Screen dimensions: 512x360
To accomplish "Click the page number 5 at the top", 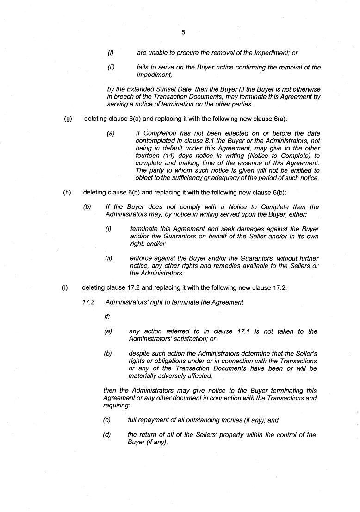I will tap(183, 32).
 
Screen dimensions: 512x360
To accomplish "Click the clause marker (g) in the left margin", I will tap(68, 119).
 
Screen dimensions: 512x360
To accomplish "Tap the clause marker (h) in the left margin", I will tap(67, 193).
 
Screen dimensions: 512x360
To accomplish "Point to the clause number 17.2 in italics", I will tap(88, 302).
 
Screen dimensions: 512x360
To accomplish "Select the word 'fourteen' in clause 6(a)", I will tap(148, 156).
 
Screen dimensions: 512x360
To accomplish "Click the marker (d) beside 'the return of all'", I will tap(107, 435).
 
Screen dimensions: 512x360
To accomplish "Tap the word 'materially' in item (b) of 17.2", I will tap(143, 376).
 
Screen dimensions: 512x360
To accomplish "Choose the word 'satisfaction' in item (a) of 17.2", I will tap(191, 339).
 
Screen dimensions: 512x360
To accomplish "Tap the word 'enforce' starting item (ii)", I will tap(141, 258).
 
